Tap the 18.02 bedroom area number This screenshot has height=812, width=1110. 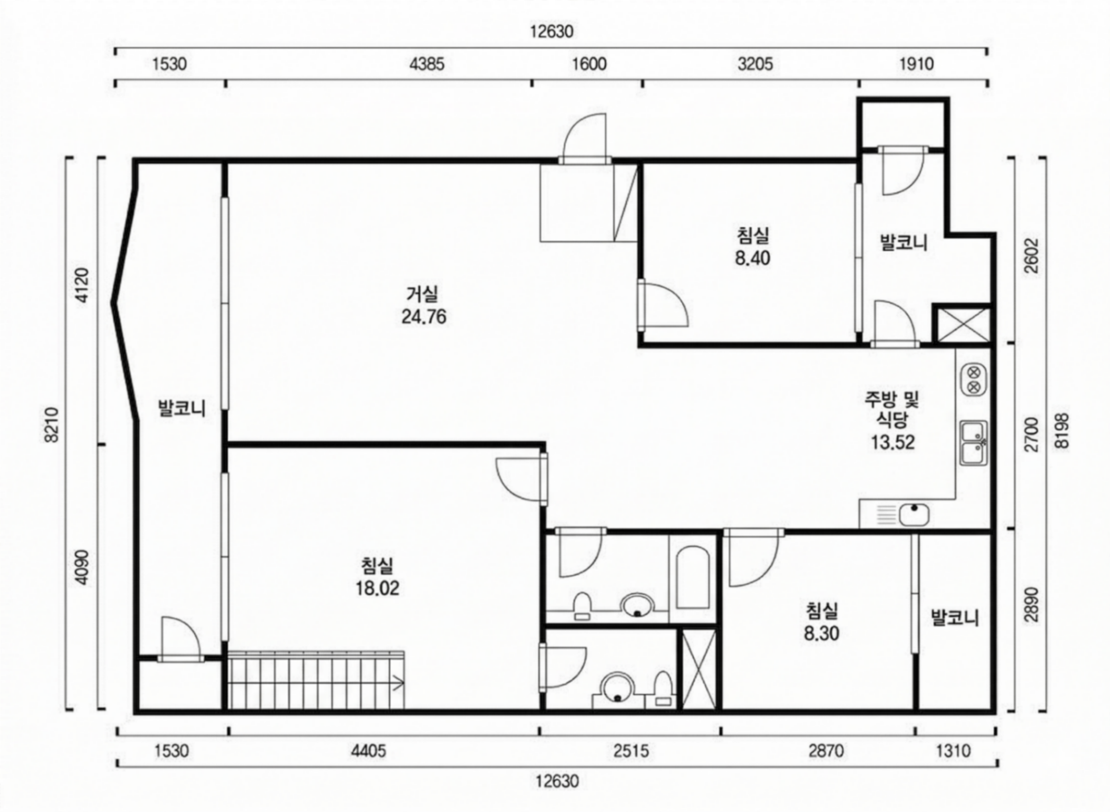[x=377, y=588]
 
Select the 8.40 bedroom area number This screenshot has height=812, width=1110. [x=752, y=258]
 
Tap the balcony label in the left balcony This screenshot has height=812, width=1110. [x=181, y=409]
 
